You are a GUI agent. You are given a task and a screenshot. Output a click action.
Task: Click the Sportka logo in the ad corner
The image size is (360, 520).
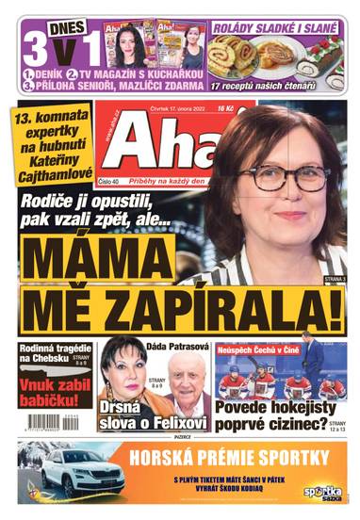pyautogui.click(x=319, y=492)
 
